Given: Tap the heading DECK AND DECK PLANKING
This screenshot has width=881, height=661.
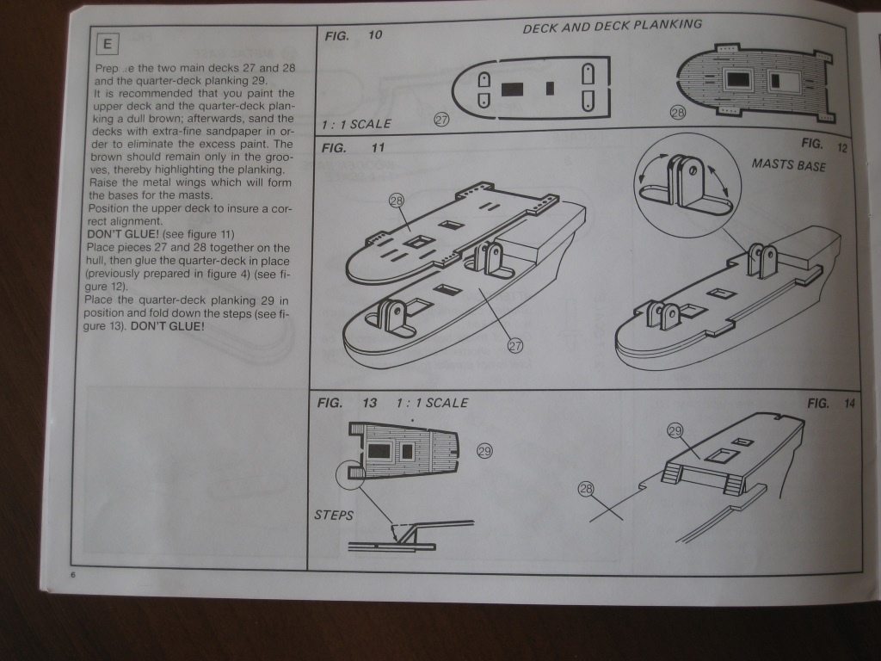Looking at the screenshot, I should coord(612,27).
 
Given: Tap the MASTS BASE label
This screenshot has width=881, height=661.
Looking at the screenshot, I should coord(788,164).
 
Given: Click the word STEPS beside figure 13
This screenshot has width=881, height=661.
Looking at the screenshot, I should coord(335,515).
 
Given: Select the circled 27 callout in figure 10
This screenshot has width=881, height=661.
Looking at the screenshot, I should coord(441,120).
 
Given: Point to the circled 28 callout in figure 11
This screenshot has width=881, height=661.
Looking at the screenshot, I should coord(396,201).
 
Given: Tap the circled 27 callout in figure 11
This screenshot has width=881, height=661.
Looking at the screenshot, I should coord(514,346).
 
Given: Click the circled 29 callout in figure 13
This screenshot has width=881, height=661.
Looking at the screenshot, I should coord(484,450).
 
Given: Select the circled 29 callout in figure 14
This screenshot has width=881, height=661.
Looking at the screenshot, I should coord(675,430).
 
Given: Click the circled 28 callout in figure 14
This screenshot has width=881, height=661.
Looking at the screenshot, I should coord(586,490).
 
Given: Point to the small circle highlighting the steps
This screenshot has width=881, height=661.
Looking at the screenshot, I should coord(351,473).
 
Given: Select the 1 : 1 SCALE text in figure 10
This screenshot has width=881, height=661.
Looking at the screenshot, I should coord(356,124).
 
